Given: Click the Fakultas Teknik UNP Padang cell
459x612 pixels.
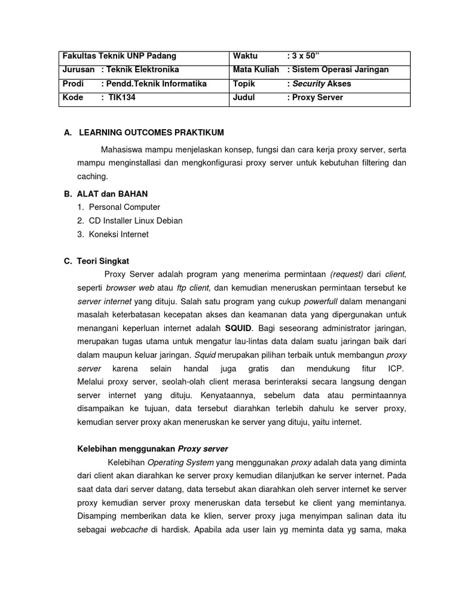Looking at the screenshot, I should tap(120, 56).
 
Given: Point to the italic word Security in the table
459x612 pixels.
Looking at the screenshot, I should tap(308, 84).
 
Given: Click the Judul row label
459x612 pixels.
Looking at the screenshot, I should tap(244, 97).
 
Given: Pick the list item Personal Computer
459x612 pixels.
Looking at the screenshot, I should tap(124, 207).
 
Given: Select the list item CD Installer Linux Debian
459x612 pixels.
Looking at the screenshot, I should tap(136, 221).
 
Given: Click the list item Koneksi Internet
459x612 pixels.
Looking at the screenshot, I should tap(118, 235).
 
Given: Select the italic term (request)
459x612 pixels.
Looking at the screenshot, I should tap(347, 274).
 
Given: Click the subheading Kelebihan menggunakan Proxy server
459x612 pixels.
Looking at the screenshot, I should tap(152, 449).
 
